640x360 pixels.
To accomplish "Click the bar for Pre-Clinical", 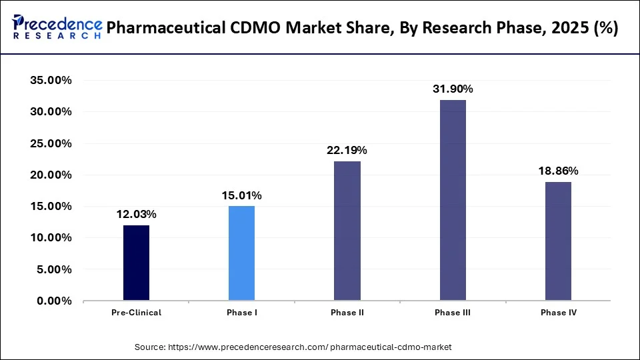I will tap(136, 263).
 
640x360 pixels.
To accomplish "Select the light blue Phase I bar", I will tap(241, 253).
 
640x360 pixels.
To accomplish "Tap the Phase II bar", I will tap(347, 231).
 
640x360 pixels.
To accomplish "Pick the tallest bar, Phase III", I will tap(453, 200).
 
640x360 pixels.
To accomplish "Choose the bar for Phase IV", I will tap(558, 241).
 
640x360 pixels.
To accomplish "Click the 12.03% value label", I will tap(136, 214).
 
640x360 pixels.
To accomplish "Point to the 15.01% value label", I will tap(241, 195).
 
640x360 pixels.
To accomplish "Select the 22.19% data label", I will tap(347, 150).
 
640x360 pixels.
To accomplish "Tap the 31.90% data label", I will tap(453, 89).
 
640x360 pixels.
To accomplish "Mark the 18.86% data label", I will tap(558, 171).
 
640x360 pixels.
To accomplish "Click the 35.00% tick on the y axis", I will tap(51, 81).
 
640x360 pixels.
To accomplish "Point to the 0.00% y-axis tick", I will tap(54, 301).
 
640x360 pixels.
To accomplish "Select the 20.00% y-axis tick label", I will tap(51, 175).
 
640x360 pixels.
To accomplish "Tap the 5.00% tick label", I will tap(54, 270).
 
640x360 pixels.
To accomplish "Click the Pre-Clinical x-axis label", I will tap(136, 313).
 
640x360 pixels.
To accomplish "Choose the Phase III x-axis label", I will tap(453, 313).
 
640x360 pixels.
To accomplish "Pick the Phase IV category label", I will tap(558, 313).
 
